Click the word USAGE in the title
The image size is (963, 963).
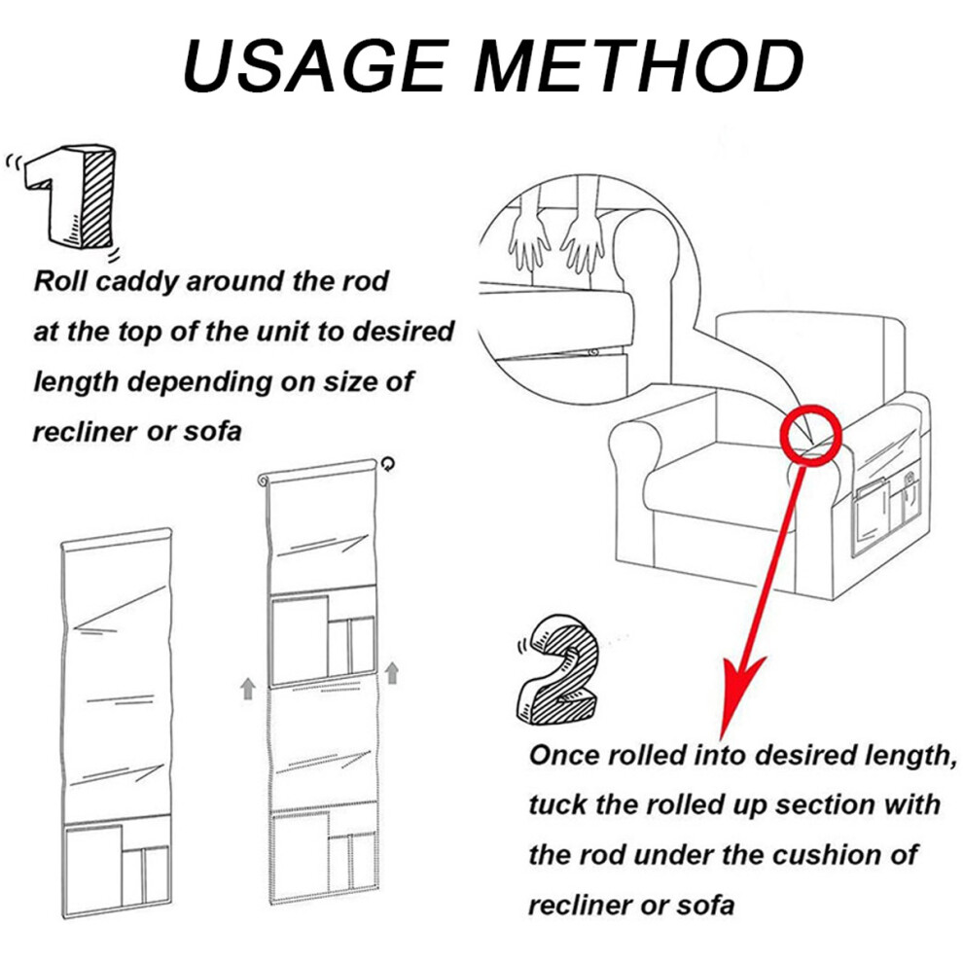point(314,66)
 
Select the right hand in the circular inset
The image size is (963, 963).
point(583,239)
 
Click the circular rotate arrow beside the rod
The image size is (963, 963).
point(387,464)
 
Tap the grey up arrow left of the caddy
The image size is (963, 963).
point(247,689)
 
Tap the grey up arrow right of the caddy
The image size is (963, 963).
point(392,672)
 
